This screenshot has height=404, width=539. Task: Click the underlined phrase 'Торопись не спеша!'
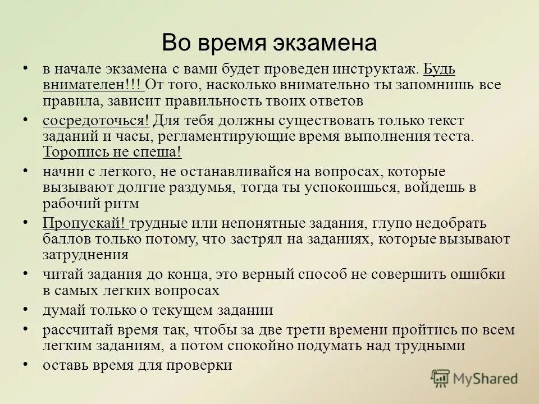pyautogui.click(x=112, y=152)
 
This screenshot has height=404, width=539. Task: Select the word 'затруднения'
pyautogui.click(x=86, y=254)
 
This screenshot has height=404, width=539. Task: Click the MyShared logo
pyautogui.click(x=474, y=378)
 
